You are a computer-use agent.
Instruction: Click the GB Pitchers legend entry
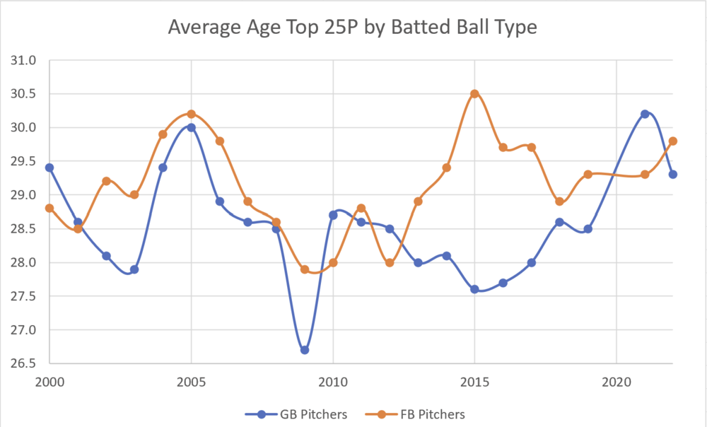pos(296,414)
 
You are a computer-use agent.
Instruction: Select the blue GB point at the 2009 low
pos(305,350)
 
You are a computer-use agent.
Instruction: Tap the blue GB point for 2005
pos(191,128)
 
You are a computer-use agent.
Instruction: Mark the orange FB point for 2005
pos(191,114)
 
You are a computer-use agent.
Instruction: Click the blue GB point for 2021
pos(645,114)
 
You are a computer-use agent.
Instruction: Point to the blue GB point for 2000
pos(49,168)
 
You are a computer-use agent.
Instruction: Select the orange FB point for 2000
pos(49,209)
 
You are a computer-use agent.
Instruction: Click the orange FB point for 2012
pos(390,262)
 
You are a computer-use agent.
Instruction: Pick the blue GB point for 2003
pos(134,269)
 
